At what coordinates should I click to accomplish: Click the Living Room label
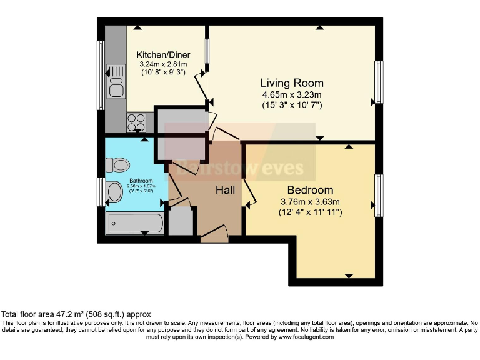292,83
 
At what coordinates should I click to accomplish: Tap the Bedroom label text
310,190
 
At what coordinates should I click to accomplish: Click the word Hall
226,189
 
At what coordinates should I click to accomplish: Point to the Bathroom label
132,181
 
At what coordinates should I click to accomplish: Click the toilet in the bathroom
117,165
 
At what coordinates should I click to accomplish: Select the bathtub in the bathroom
135,222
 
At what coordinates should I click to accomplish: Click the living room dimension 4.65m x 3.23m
292,94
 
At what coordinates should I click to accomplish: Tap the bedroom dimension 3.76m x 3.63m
310,201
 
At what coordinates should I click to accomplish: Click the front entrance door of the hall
214,235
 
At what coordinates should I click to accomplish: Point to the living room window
378,82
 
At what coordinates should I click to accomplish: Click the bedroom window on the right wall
378,196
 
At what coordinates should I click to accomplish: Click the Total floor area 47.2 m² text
76,314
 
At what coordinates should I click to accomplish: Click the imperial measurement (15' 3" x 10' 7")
292,105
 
